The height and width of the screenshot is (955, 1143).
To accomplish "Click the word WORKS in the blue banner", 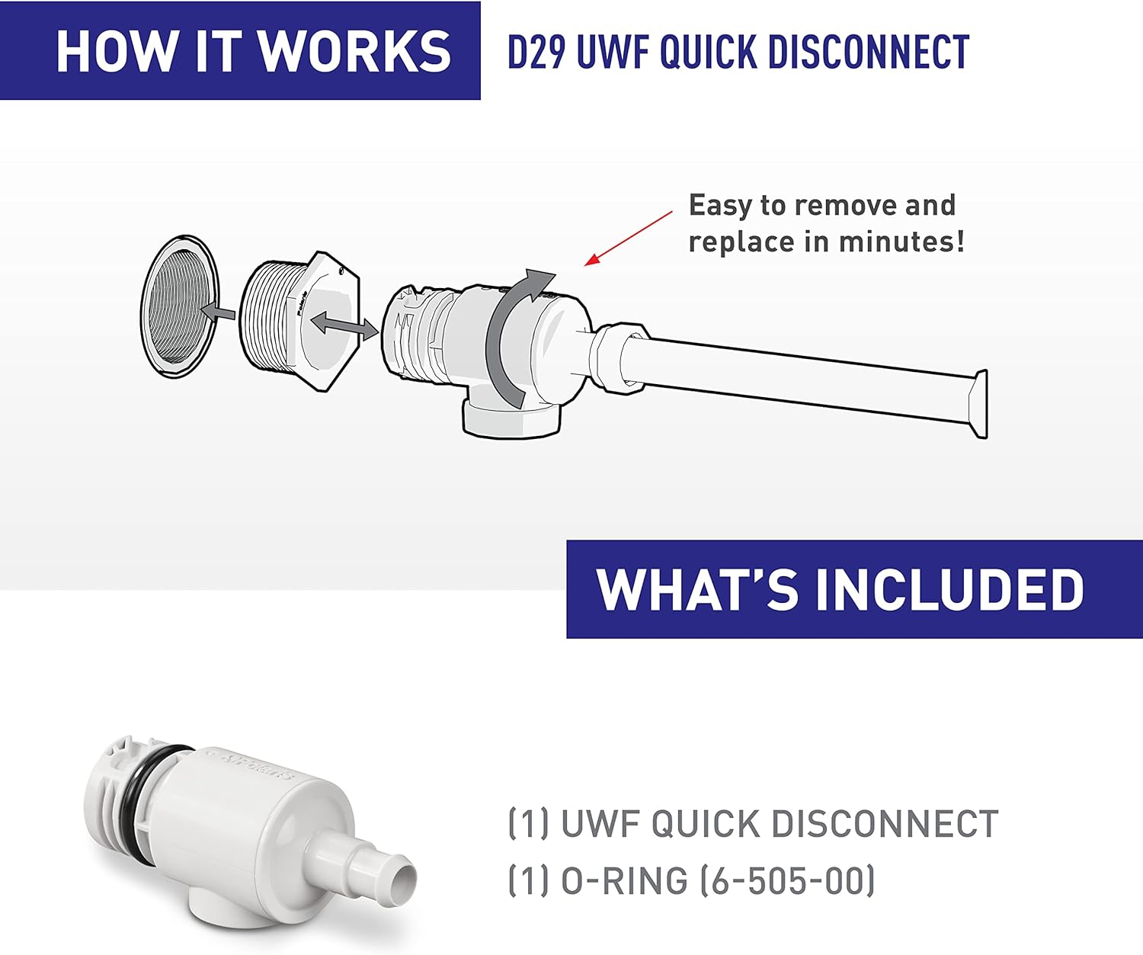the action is point(354,51).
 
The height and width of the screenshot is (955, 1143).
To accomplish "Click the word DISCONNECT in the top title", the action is point(869,52).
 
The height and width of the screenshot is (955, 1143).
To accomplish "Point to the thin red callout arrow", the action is point(629,239).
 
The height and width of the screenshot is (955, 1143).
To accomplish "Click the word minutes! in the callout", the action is point(901,242).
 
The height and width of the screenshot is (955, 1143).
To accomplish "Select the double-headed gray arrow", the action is point(344,324).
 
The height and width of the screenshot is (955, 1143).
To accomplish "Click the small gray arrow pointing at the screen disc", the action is point(218,312).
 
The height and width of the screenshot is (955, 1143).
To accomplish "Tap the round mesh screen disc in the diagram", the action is point(180,306).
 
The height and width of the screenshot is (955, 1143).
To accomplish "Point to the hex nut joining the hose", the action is point(620,359).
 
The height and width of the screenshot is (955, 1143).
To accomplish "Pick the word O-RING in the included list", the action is point(624,881).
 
